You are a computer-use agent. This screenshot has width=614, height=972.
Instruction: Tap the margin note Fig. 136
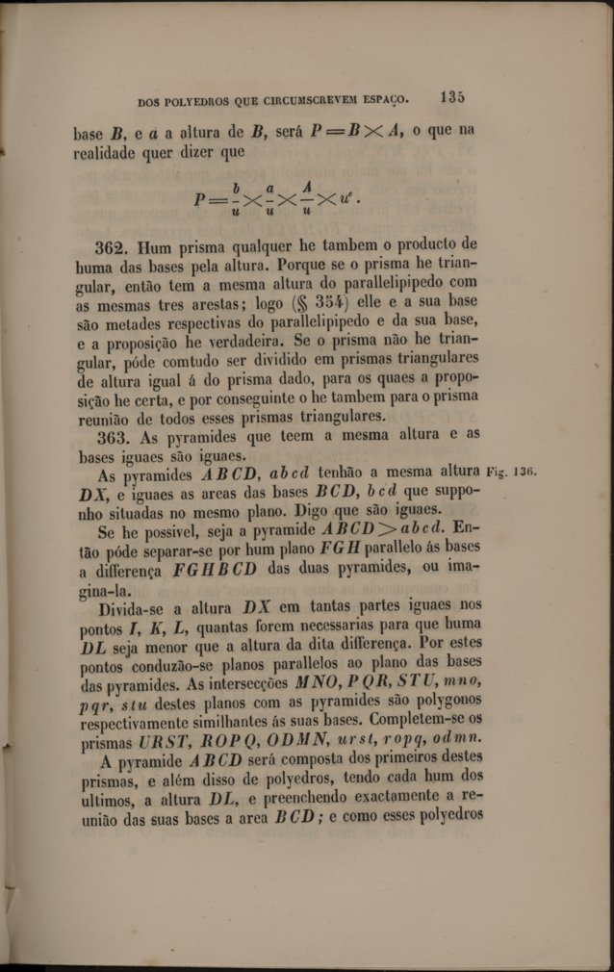[511, 473]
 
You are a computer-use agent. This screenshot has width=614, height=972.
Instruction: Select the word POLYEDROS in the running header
[198, 100]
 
